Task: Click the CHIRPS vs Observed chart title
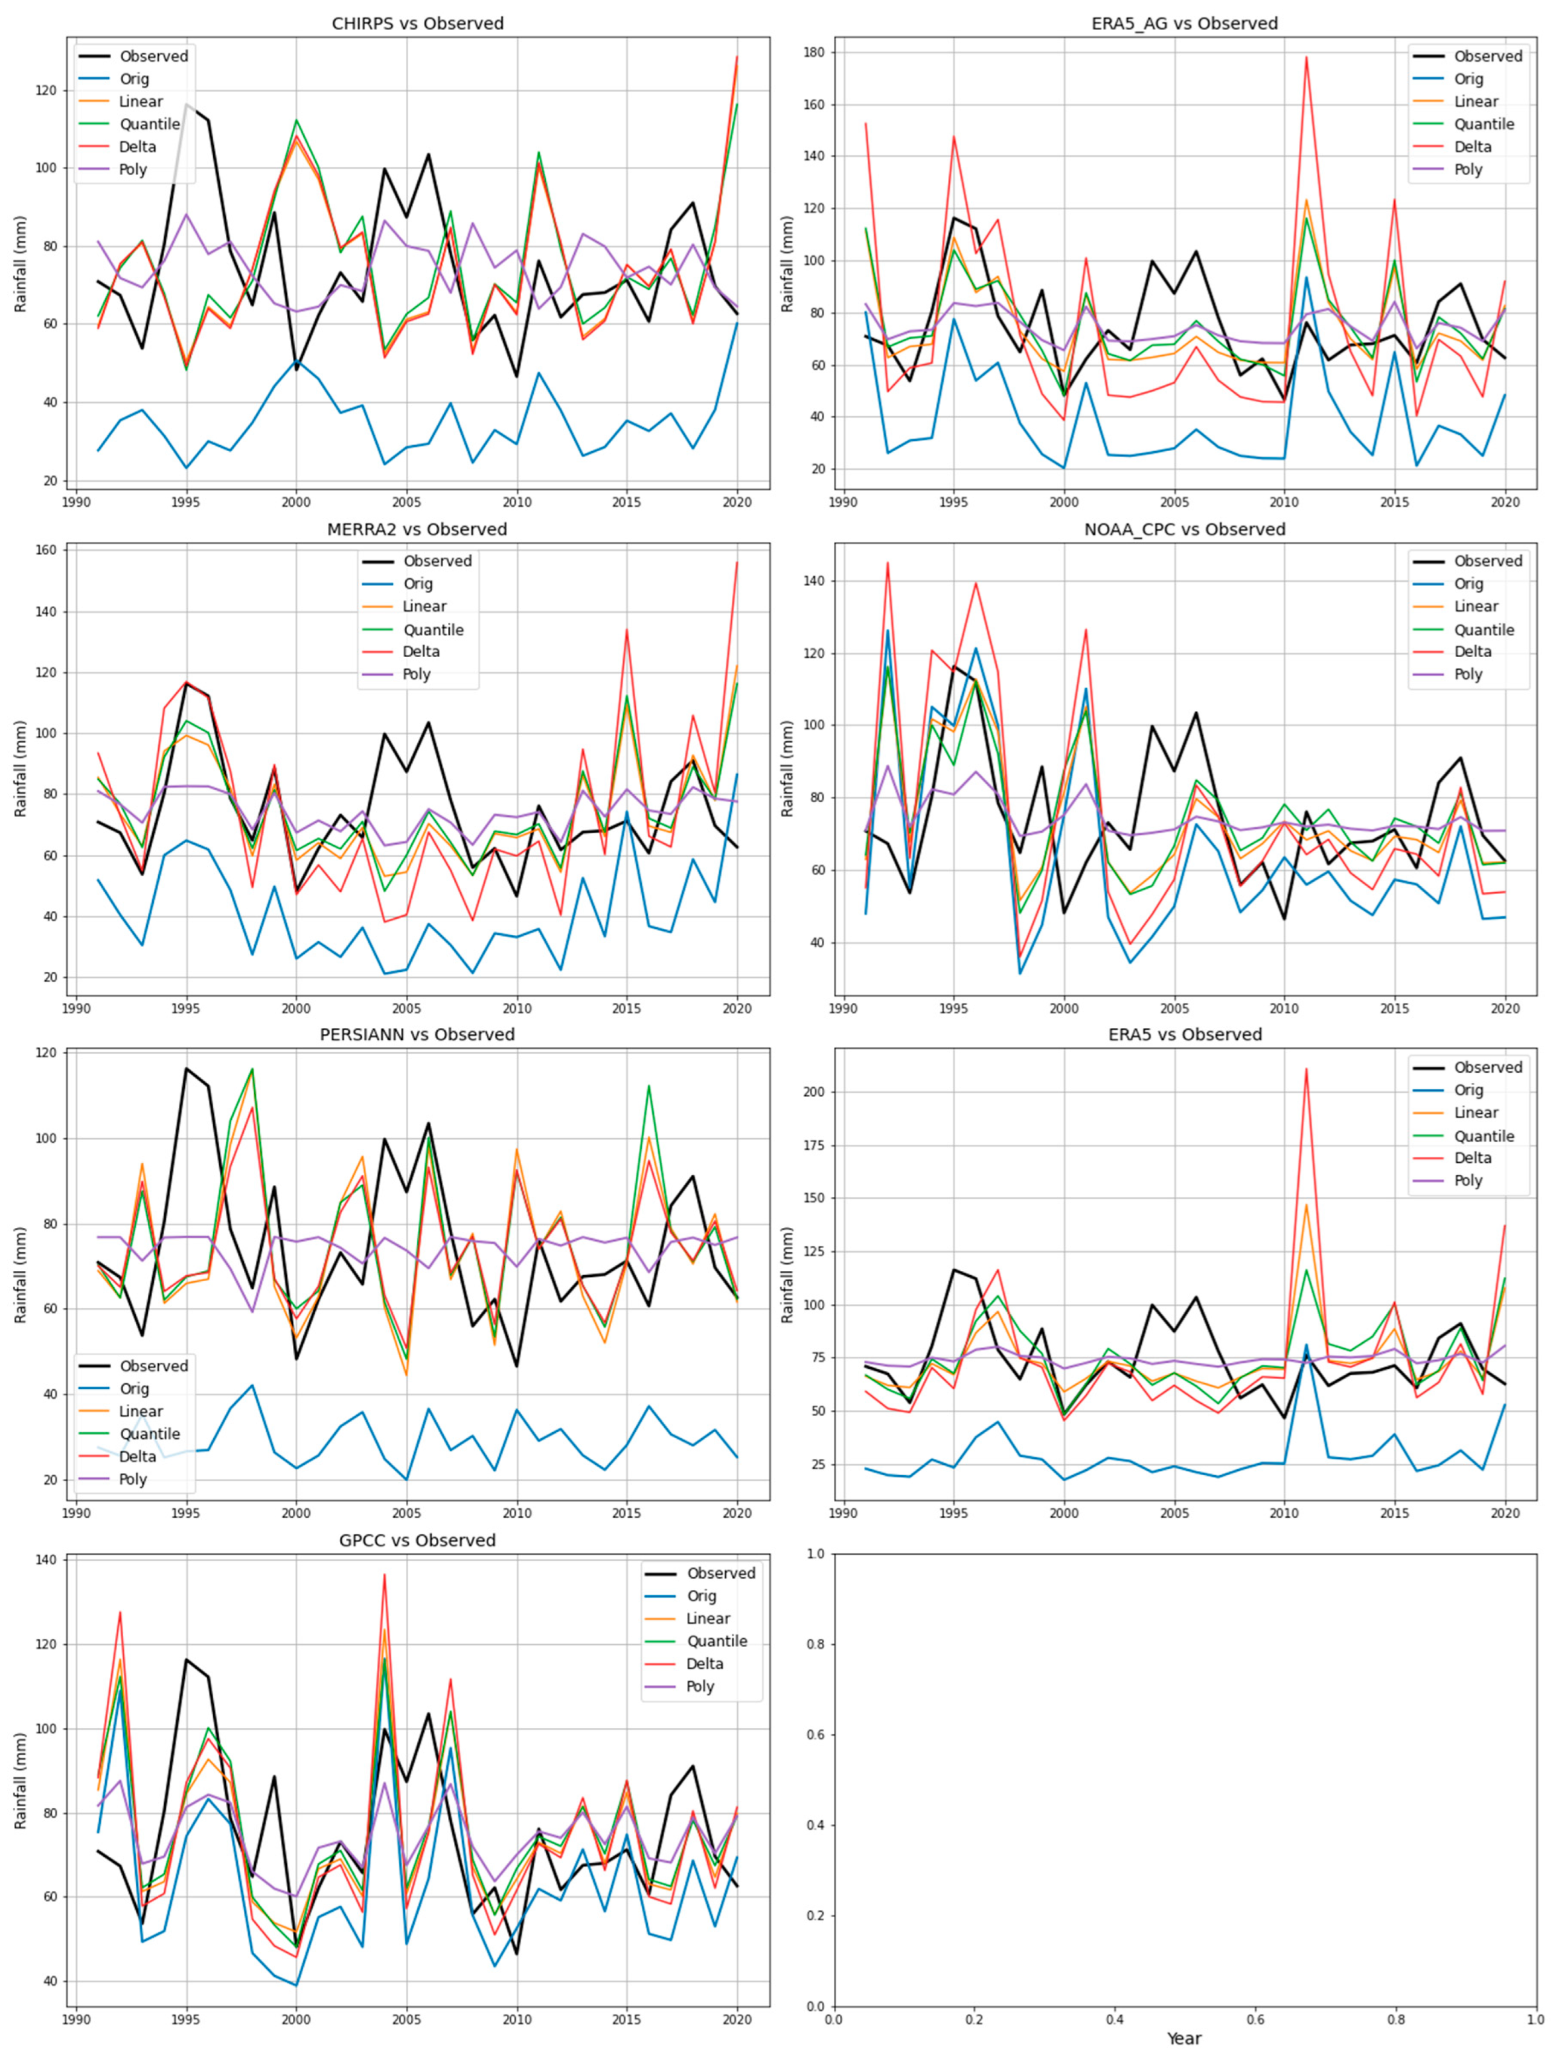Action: [x=417, y=24]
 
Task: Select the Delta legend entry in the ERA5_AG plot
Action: [x=1472, y=146]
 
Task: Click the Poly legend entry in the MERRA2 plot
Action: [x=417, y=674]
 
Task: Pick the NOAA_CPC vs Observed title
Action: [x=1184, y=529]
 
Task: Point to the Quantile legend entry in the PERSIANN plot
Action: [x=149, y=1433]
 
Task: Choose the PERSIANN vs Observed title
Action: [x=417, y=1034]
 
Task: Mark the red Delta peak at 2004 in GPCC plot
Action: [x=384, y=1575]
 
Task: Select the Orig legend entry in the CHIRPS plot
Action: [x=134, y=79]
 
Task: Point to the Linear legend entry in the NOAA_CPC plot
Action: [x=1476, y=606]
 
